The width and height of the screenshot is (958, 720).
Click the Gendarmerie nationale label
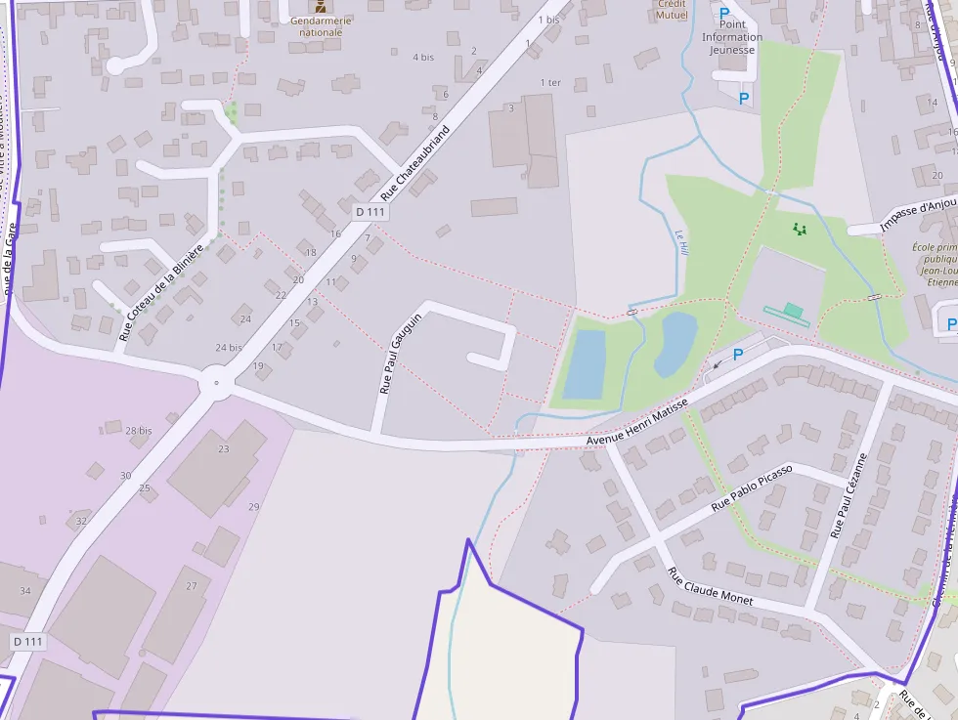point(321,25)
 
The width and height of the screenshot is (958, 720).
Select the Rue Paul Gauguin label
point(401,353)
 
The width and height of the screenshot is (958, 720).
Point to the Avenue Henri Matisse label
point(636,422)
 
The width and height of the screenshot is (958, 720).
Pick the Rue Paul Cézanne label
point(849,495)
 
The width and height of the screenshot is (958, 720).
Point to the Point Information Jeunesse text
point(731,37)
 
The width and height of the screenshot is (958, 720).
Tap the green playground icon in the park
point(801,230)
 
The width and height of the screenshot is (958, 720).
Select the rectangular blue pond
point(585,363)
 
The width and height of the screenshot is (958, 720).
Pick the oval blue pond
point(675,343)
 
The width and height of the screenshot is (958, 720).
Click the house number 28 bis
point(138,430)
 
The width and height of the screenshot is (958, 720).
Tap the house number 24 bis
point(229,347)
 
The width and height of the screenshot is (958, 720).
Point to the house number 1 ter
point(550,83)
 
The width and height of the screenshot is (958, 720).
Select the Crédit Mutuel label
point(672,10)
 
